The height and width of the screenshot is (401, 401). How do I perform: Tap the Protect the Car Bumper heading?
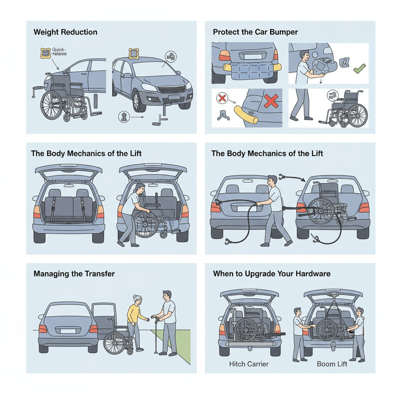tap(255, 32)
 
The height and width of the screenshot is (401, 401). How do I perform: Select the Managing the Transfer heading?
tap(74, 273)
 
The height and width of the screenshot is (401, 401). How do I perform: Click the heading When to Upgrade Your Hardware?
tap(272, 273)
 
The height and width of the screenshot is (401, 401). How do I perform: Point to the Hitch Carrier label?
tap(249, 364)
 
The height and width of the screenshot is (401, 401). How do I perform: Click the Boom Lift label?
tap(332, 364)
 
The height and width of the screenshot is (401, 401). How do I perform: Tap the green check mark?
tap(359, 70)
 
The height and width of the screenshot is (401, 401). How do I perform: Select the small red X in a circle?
tap(222, 98)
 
